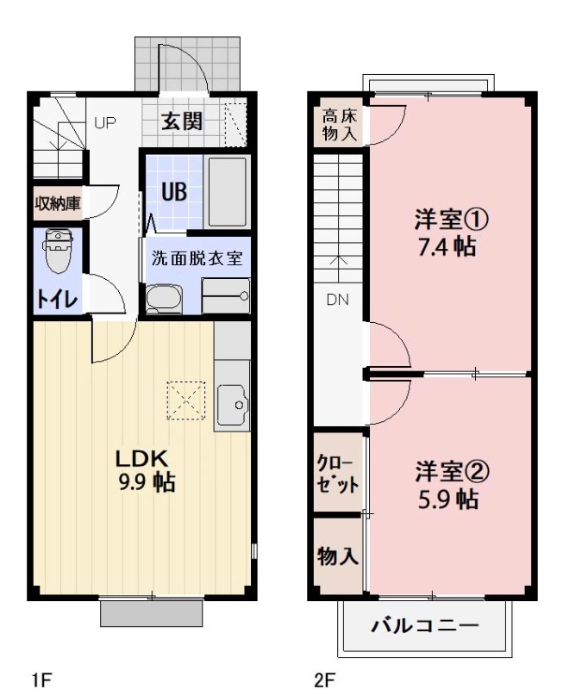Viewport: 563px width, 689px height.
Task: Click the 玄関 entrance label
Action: (182, 121)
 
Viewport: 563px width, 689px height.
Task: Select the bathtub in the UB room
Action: (228, 191)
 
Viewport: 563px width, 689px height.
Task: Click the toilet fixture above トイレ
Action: (58, 249)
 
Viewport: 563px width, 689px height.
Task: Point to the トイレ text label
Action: (57, 299)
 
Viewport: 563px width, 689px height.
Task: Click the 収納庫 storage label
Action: (57, 203)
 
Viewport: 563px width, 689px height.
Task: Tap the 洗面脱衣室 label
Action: (197, 258)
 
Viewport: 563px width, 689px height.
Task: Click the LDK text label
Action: (140, 457)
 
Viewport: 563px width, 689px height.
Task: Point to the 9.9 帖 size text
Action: (147, 481)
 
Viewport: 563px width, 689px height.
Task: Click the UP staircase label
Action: (104, 122)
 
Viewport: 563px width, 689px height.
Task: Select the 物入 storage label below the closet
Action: (337, 556)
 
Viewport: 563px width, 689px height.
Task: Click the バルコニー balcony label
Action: (423, 625)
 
